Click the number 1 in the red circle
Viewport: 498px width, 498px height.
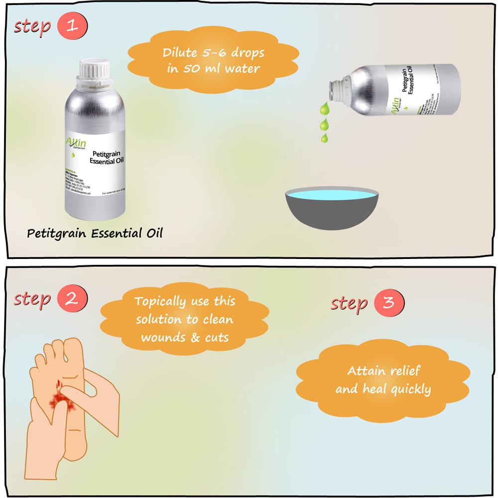click(x=73, y=26)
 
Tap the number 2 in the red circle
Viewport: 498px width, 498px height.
click(x=73, y=299)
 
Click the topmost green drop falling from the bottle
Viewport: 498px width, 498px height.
click(x=324, y=107)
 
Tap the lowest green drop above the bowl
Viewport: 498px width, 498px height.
click(x=324, y=137)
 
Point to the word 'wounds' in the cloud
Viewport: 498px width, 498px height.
click(x=161, y=337)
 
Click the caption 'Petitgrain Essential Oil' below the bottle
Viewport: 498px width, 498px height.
click(x=95, y=233)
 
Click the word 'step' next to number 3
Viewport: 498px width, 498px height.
click(x=349, y=303)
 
